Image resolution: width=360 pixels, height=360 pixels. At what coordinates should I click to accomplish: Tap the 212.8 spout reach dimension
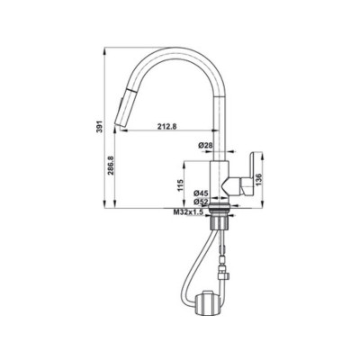pos(166,126)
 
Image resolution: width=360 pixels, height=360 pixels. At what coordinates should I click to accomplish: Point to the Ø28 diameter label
pos(204,145)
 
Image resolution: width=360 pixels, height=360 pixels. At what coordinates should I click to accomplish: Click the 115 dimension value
pos(180,186)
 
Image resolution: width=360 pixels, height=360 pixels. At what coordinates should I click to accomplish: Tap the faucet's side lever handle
pos(244,171)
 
